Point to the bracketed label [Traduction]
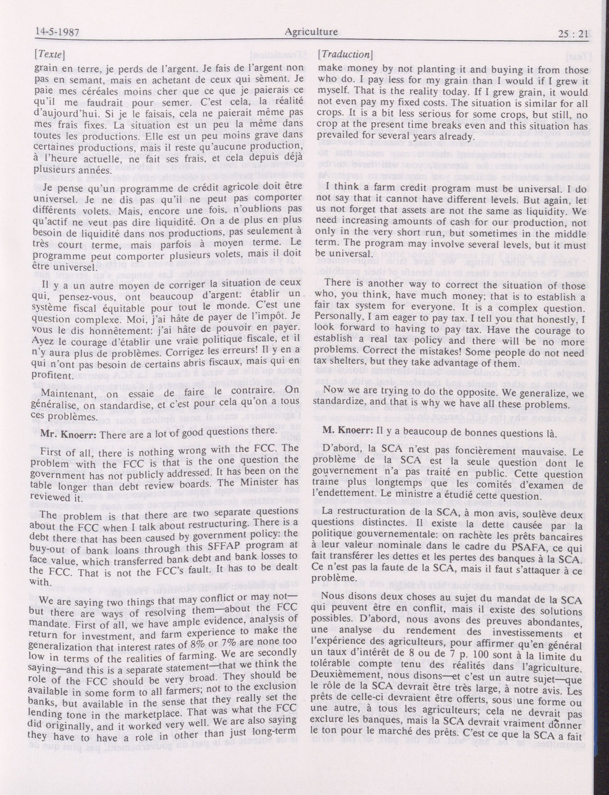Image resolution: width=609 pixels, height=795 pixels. (x=345, y=54)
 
